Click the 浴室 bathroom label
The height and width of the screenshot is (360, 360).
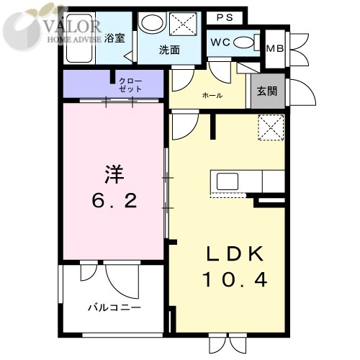114,37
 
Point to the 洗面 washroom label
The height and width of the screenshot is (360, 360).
170,51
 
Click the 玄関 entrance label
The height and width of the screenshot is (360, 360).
265,94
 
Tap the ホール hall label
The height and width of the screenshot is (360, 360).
212,96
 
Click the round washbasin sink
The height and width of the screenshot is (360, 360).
150,23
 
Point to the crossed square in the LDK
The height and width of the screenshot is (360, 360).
271,129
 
